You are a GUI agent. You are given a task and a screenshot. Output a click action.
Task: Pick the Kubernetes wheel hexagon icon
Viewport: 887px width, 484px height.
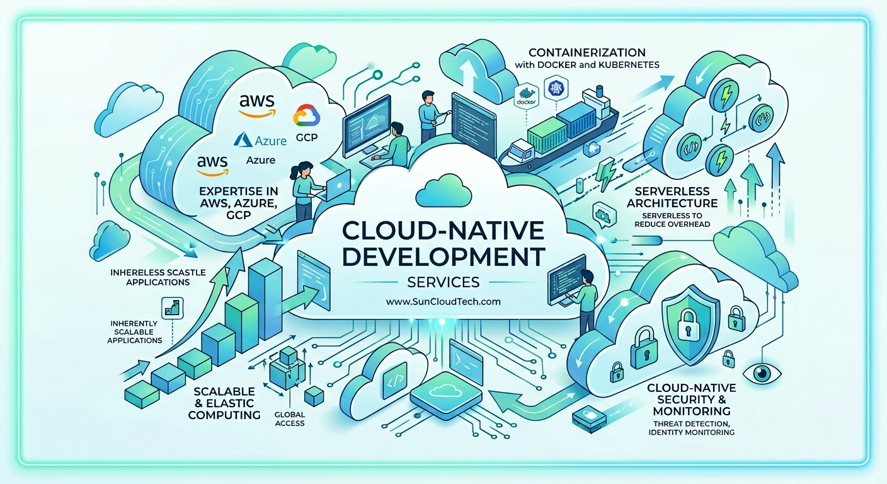click(557, 88)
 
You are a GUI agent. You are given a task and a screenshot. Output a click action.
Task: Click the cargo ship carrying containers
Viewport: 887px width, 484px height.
click(557, 135)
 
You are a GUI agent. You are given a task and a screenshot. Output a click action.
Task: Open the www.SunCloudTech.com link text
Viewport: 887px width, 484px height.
click(443, 301)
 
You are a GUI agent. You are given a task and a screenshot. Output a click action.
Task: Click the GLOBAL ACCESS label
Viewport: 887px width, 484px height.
click(290, 418)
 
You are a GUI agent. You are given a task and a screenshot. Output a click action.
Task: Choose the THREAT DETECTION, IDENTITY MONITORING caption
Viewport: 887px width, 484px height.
click(691, 428)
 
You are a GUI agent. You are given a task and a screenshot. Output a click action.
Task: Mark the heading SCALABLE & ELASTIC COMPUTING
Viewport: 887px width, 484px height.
click(225, 403)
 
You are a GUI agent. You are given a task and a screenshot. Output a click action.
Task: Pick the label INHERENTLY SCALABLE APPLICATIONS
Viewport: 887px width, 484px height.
click(136, 331)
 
